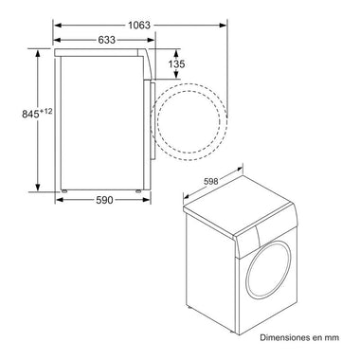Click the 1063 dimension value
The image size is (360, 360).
139,25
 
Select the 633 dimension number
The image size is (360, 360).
107,40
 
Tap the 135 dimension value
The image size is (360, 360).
176,64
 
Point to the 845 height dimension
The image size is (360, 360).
30,114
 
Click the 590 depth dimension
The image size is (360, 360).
104,200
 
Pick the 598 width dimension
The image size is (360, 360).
211,181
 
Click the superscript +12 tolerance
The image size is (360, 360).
45,111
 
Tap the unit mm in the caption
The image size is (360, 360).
332,338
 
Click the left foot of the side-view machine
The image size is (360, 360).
64,191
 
